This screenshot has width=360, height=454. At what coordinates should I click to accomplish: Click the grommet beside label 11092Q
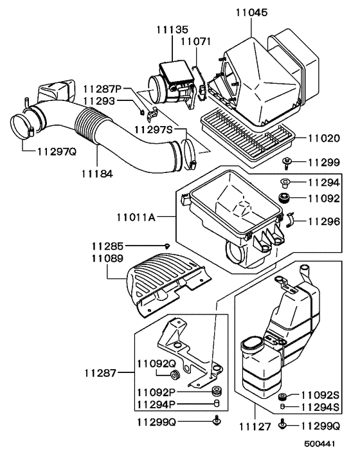173,375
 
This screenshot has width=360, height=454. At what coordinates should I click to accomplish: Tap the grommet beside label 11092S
282,396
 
